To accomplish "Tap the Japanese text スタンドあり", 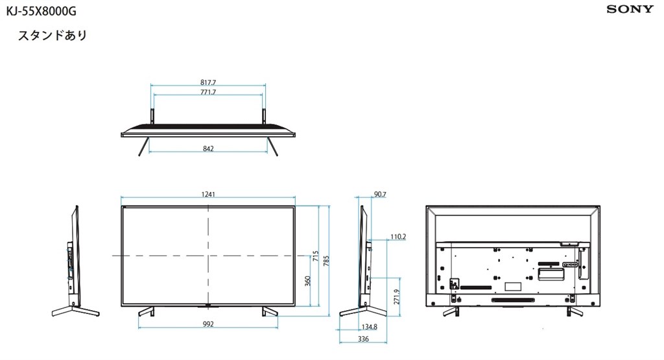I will point(53,36).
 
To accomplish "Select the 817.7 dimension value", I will point(207,83).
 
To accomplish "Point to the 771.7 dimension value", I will point(207,93).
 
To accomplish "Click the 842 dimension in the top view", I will point(207,149).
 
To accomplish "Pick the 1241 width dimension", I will point(207,194).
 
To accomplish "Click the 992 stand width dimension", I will point(207,324).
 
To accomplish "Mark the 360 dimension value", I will point(307,280).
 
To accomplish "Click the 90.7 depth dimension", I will point(381,194).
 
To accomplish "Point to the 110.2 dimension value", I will point(397,237).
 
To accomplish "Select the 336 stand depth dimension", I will point(363,339).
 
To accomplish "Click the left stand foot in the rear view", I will point(449,311).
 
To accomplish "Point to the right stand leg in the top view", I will point(274,147).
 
